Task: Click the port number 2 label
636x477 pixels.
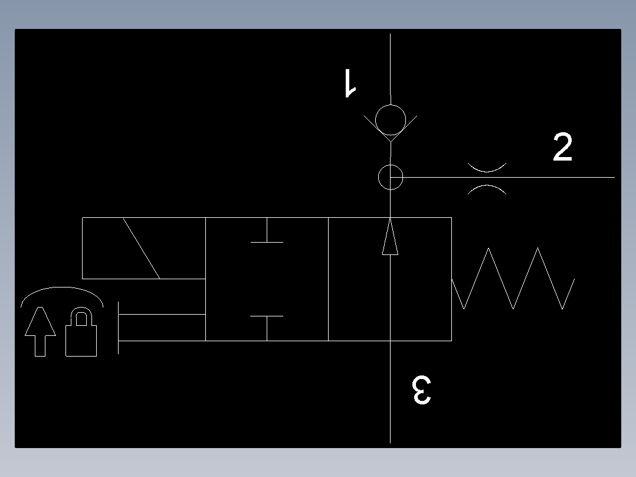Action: coord(563,147)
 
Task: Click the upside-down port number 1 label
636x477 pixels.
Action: coord(350,83)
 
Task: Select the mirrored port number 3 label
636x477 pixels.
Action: coord(421,390)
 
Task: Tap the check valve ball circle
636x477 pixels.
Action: coord(390,120)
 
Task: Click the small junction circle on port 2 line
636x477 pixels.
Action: coord(390,178)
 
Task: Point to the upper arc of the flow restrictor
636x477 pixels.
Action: coord(487,171)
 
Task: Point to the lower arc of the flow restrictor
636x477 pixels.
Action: coord(487,186)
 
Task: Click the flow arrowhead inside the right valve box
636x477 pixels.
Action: coord(390,237)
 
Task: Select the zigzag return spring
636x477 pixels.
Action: coord(513,279)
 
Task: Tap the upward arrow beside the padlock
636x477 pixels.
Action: coord(40,332)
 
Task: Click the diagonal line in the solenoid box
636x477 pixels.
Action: coord(142,249)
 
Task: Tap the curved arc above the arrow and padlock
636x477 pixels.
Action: coord(61,288)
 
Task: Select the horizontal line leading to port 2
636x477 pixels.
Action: coord(503,178)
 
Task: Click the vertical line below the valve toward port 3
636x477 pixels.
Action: coord(390,392)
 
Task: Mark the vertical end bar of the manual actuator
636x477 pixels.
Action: coord(119,328)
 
